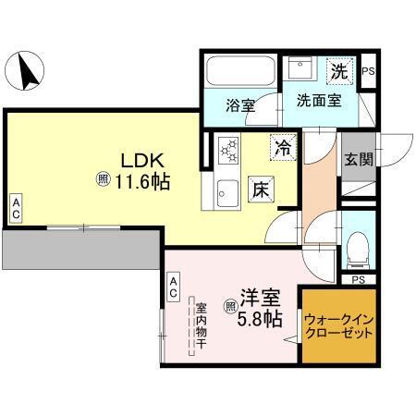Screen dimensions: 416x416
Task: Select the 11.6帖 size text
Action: [141, 182]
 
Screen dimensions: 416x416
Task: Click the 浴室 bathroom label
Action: [240, 104]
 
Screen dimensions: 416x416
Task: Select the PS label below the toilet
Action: [359, 278]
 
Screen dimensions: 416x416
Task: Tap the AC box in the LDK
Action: [16, 208]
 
